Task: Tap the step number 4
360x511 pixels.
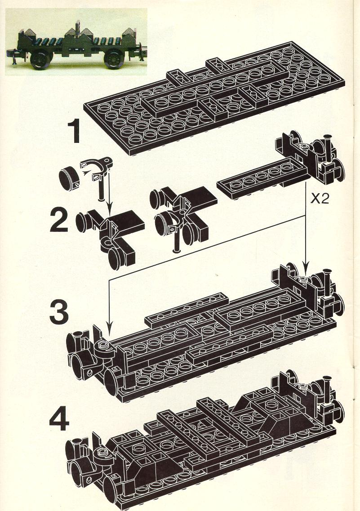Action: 59,418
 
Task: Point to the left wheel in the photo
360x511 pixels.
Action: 41,60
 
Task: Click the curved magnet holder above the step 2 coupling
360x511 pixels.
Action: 97,167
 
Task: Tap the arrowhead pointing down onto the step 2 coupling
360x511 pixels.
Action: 110,209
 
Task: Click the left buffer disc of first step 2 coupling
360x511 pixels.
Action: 81,222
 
